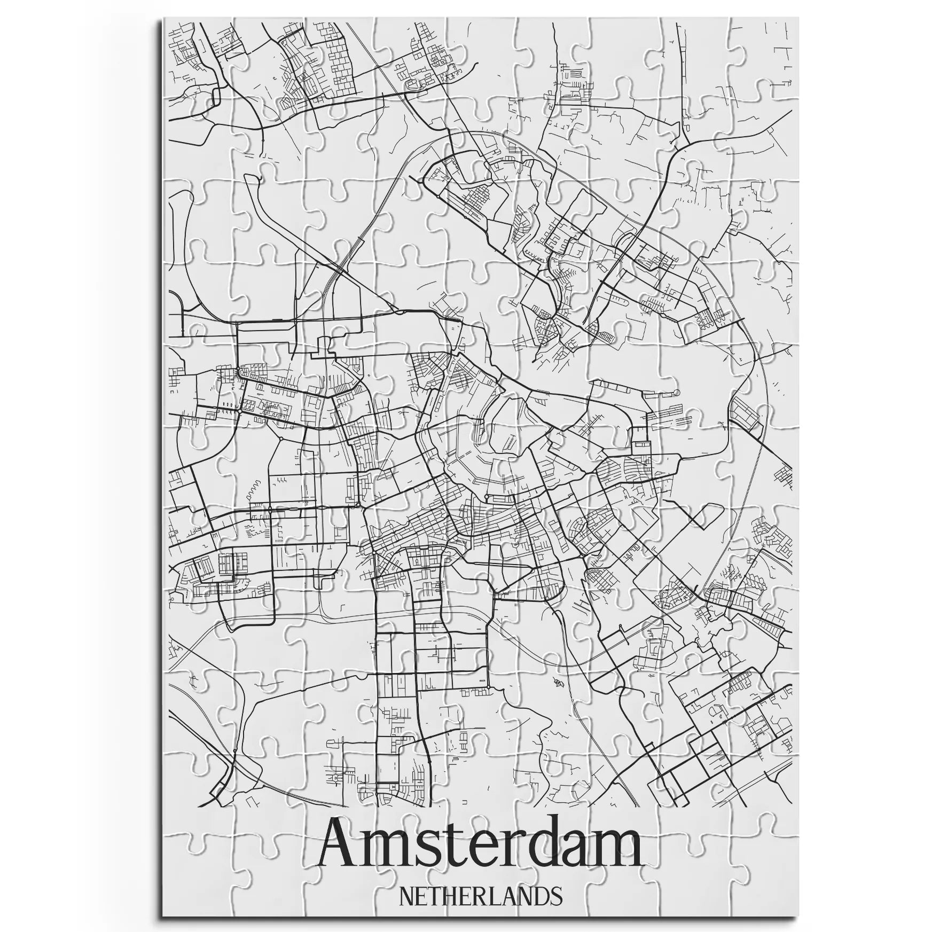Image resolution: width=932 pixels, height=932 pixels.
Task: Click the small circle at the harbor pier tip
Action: pyautogui.click(x=677, y=393)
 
